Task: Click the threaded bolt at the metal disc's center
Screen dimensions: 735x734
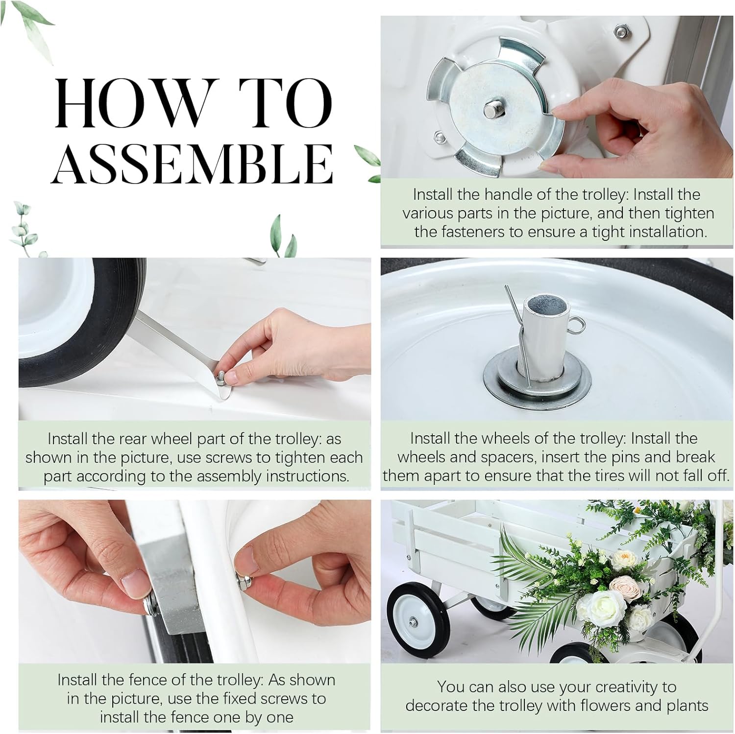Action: pyautogui.click(x=491, y=110)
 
